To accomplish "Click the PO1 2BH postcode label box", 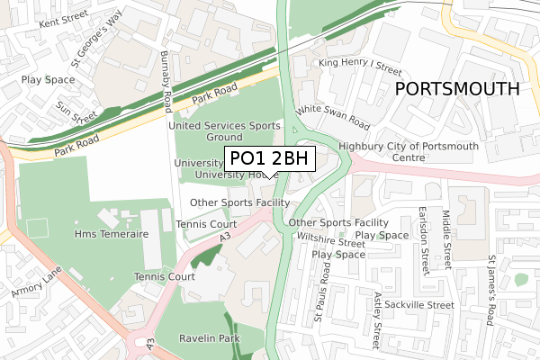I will (x=269, y=158).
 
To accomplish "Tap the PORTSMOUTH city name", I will (x=457, y=89).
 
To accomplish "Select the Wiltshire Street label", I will (x=323, y=241).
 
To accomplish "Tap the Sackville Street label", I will (x=418, y=305).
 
